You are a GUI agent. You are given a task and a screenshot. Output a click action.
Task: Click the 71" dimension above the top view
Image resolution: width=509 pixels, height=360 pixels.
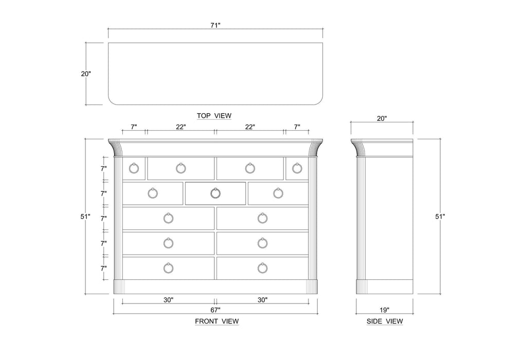[x=215, y=25]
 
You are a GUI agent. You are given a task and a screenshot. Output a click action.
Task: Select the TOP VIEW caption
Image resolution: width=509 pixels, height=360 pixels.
[x=214, y=116]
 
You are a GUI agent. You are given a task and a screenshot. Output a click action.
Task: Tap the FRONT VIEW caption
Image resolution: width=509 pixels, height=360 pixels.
[x=217, y=321]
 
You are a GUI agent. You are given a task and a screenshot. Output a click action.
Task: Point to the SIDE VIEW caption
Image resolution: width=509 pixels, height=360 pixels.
[x=385, y=321]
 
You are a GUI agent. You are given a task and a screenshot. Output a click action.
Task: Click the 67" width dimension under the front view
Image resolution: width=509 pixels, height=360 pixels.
[x=215, y=310]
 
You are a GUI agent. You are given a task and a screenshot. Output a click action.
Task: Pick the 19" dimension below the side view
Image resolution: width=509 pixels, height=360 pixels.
[x=384, y=310]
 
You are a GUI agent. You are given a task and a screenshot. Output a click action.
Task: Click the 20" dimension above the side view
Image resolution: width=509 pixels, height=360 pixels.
[x=381, y=118]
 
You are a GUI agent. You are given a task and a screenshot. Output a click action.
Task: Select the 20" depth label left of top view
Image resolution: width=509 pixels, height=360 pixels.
[x=86, y=74]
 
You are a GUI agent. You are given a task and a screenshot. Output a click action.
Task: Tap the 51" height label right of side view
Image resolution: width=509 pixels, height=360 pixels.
[x=440, y=217]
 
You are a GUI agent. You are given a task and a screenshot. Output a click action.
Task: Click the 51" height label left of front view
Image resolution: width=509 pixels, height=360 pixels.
[x=85, y=217]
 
